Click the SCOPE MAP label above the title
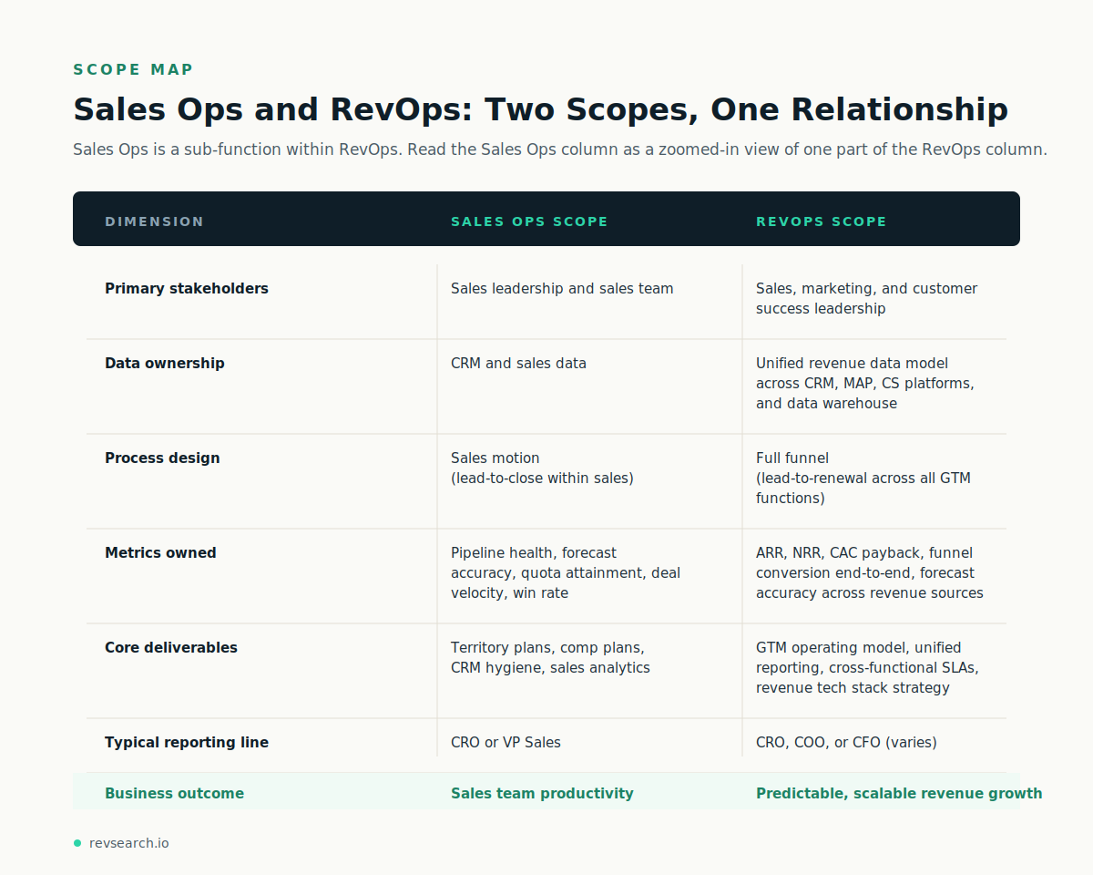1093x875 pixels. [x=133, y=70]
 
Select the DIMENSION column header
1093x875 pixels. [x=155, y=221]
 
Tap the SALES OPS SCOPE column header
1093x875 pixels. [x=529, y=221]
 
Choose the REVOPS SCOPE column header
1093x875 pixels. [x=821, y=221]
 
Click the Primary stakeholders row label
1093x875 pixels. [x=187, y=289]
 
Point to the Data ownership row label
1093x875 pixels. [x=165, y=364]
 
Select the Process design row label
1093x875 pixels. [x=162, y=458]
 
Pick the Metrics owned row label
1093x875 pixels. [x=160, y=553]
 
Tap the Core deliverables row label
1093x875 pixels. [x=171, y=648]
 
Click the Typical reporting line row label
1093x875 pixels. [x=187, y=743]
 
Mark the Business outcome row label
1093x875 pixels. [x=174, y=794]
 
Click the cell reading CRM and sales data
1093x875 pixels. [x=518, y=364]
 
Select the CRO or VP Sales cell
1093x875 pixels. [x=506, y=743]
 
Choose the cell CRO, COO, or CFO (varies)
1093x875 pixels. [x=846, y=743]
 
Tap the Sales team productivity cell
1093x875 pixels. [x=542, y=794]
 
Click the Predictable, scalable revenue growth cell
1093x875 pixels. [x=899, y=794]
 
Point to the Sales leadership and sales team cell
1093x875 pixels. [x=562, y=289]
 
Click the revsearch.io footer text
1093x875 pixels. [x=128, y=843]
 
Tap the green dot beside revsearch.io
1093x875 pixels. [x=77, y=843]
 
